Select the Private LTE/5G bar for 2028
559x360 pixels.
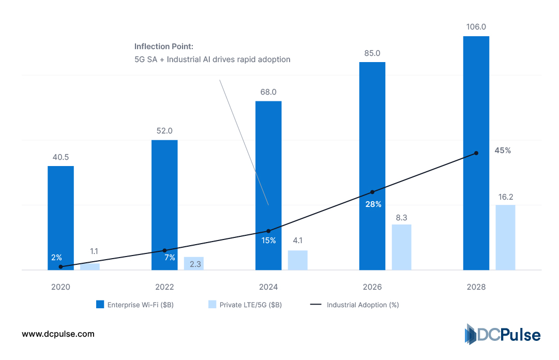[x=505, y=237]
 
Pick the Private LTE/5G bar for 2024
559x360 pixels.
[x=297, y=260]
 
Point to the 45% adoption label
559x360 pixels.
[x=503, y=151]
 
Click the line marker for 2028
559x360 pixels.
[x=476, y=153]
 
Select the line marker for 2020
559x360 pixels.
[x=61, y=267]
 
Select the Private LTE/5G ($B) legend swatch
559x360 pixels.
[x=211, y=305]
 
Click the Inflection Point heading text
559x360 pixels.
[x=164, y=47]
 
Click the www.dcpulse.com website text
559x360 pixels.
[x=58, y=334]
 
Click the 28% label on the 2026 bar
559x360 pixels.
[x=373, y=204]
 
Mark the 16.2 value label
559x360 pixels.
[x=505, y=197]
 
